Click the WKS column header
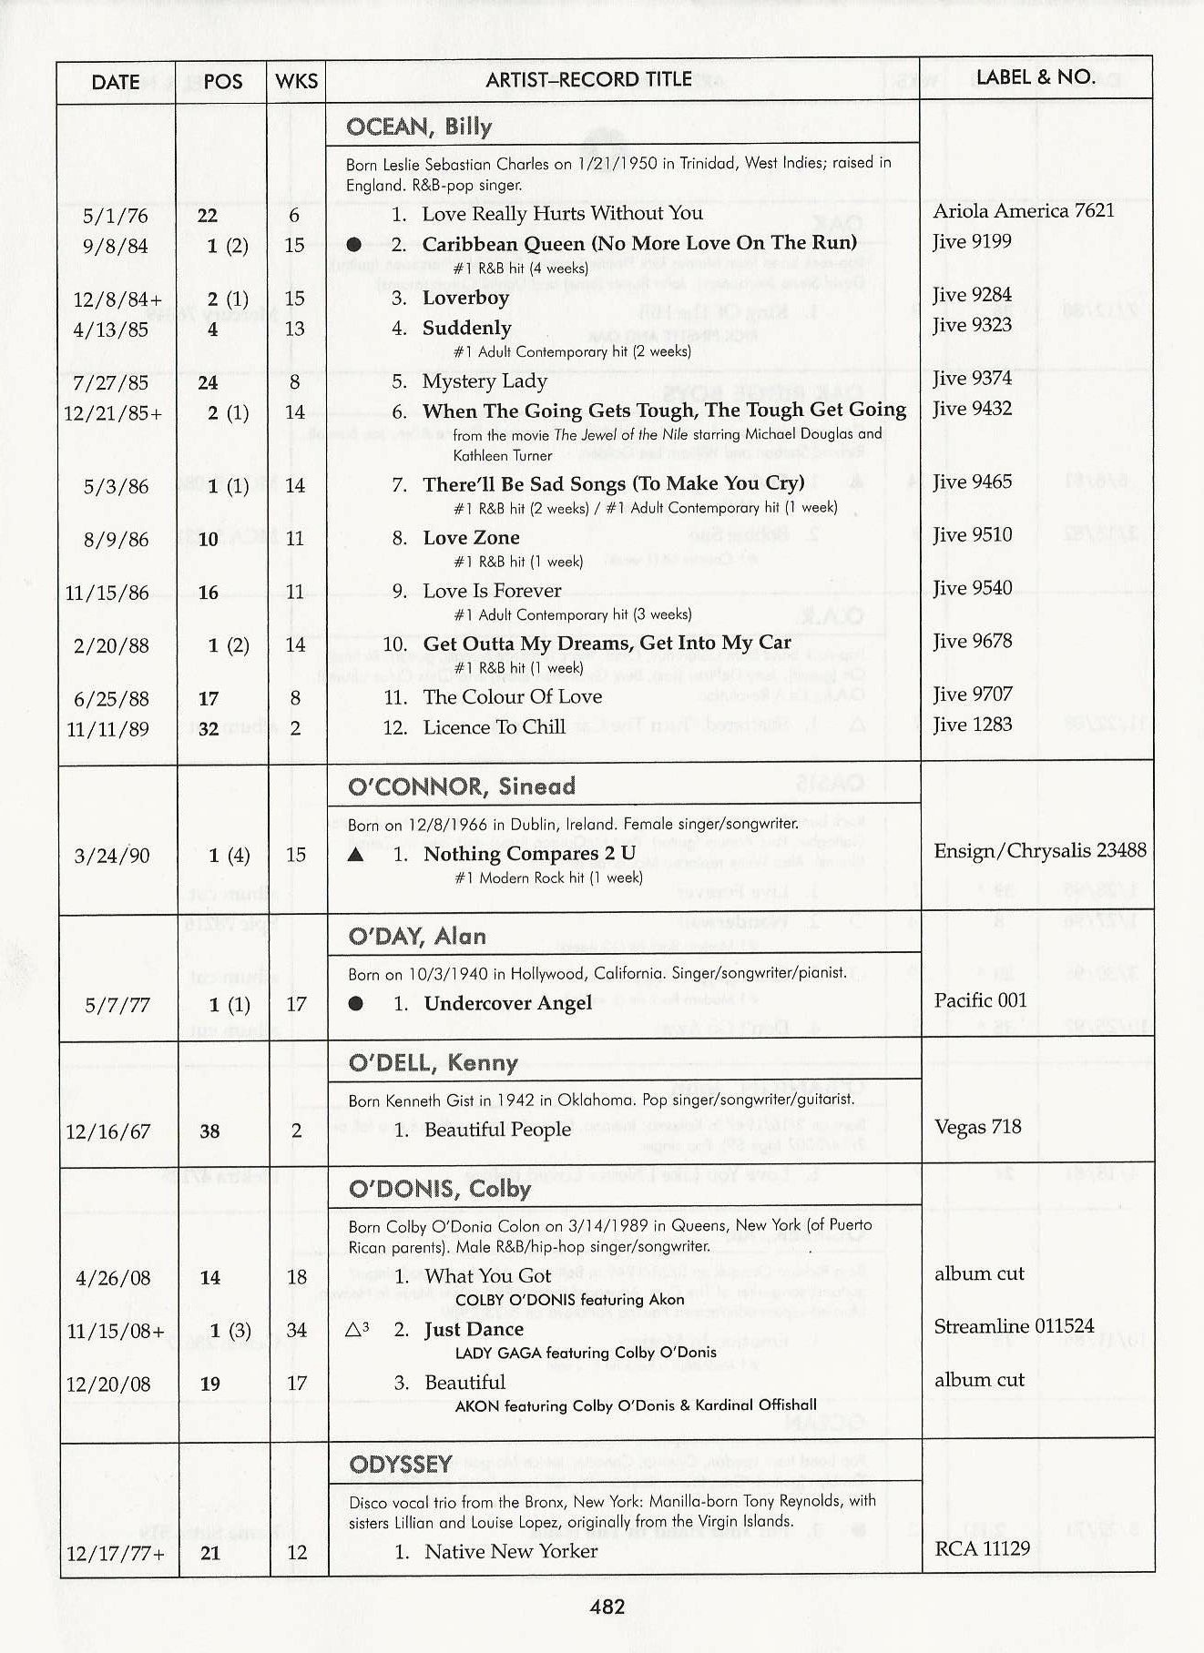point(297,82)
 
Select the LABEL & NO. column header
point(1036,77)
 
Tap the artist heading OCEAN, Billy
point(419,127)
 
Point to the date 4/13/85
point(110,330)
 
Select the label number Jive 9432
point(972,409)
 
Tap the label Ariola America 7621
point(1024,211)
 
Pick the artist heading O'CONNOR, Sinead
point(462,786)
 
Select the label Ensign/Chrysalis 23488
point(1040,851)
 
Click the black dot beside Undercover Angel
point(356,1004)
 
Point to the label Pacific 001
point(980,1000)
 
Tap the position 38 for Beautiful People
point(209,1131)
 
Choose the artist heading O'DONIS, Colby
point(440,1190)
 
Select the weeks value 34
point(297,1331)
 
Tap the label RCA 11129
point(982,1548)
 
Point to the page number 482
point(607,1607)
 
